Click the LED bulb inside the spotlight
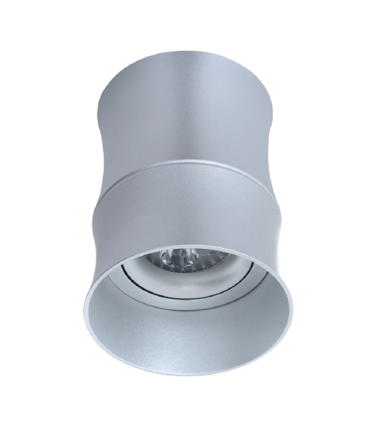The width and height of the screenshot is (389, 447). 180,259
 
